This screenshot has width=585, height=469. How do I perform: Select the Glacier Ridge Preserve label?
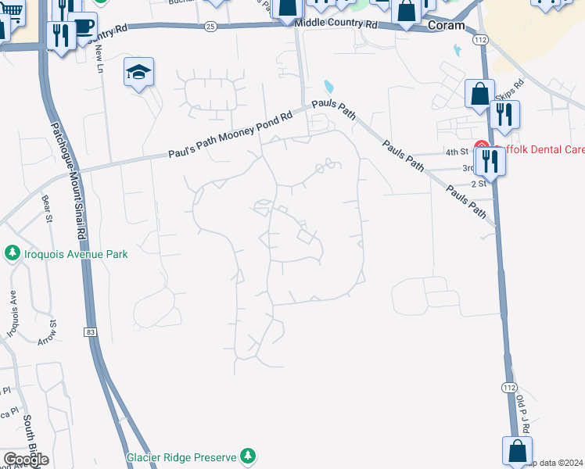pos(184,455)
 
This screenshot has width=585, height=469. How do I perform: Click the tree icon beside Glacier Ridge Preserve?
pos(248,455)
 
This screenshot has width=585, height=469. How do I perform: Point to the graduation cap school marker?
pos(138,73)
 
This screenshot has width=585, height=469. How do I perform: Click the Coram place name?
pos(447,26)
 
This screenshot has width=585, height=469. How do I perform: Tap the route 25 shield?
pos(210,26)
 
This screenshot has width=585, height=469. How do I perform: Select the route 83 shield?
pos(92,332)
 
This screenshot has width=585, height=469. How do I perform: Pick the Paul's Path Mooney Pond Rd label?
pos(230,134)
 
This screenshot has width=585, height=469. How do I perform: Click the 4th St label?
pos(456,152)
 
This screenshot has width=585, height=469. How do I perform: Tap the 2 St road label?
pos(479,183)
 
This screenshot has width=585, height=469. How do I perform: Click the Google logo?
pos(26,460)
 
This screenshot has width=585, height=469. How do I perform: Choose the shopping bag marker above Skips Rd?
pos(479,95)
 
